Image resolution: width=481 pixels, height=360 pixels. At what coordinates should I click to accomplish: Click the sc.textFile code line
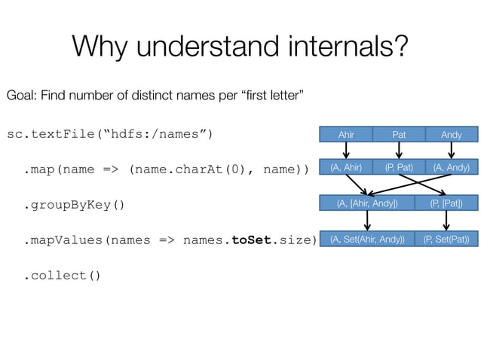pyautogui.click(x=110, y=135)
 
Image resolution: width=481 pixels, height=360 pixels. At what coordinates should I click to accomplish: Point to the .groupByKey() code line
pyautogui.click(x=74, y=205)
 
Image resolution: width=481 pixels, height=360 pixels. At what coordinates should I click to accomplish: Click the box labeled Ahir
pyautogui.click(x=346, y=135)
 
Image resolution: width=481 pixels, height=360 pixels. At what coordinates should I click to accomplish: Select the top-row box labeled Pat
pyautogui.click(x=399, y=135)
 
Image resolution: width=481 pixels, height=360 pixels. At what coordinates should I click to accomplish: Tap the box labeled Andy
pyautogui.click(x=452, y=135)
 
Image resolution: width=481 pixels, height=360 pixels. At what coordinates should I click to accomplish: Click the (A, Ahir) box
pyautogui.click(x=346, y=167)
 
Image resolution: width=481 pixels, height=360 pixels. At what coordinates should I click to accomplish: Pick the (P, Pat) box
pyautogui.click(x=399, y=167)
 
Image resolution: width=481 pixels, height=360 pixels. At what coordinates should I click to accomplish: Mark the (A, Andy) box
pyautogui.click(x=452, y=167)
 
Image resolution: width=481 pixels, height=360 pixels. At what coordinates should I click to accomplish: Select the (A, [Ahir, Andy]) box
pyautogui.click(x=367, y=203)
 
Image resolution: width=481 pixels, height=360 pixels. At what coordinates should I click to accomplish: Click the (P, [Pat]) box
pyautogui.click(x=446, y=203)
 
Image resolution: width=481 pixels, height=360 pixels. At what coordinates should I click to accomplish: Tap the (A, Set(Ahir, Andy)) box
pyautogui.click(x=367, y=239)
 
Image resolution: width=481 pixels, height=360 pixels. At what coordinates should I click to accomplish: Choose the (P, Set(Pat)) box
pyautogui.click(x=446, y=239)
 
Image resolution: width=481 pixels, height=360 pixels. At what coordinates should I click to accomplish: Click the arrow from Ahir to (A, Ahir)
pyautogui.click(x=346, y=151)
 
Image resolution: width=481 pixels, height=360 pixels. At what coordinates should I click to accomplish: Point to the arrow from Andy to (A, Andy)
pyautogui.click(x=452, y=151)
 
